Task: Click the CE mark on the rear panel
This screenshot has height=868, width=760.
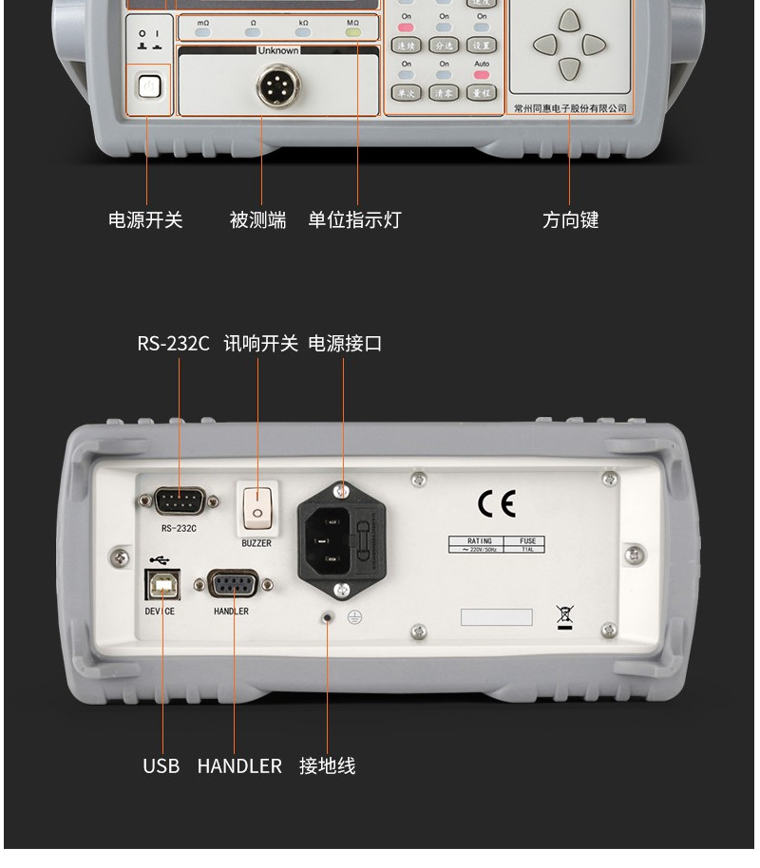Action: pyautogui.click(x=497, y=504)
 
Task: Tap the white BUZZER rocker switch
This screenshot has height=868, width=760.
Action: pyautogui.click(x=256, y=509)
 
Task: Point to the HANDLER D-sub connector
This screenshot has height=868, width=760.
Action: pyautogui.click(x=231, y=586)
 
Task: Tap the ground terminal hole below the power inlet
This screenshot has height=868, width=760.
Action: pyautogui.click(x=329, y=616)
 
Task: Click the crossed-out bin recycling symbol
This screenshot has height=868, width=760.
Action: pyautogui.click(x=564, y=616)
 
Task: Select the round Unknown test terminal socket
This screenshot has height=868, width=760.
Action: pyautogui.click(x=278, y=87)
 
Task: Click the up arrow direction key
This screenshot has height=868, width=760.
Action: pyautogui.click(x=568, y=20)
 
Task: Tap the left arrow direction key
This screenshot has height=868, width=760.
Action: pyautogui.click(x=544, y=44)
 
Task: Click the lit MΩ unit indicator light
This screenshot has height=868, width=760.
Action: pyautogui.click(x=352, y=31)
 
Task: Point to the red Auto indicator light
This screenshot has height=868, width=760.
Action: pyautogui.click(x=482, y=74)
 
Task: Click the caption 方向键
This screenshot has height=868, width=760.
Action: pyautogui.click(x=570, y=220)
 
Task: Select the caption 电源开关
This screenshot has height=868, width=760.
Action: pyautogui.click(x=145, y=220)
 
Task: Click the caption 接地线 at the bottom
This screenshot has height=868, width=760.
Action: pyautogui.click(x=328, y=765)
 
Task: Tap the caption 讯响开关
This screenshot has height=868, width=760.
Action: pyautogui.click(x=260, y=344)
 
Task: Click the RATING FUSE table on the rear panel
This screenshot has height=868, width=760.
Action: pyautogui.click(x=497, y=544)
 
